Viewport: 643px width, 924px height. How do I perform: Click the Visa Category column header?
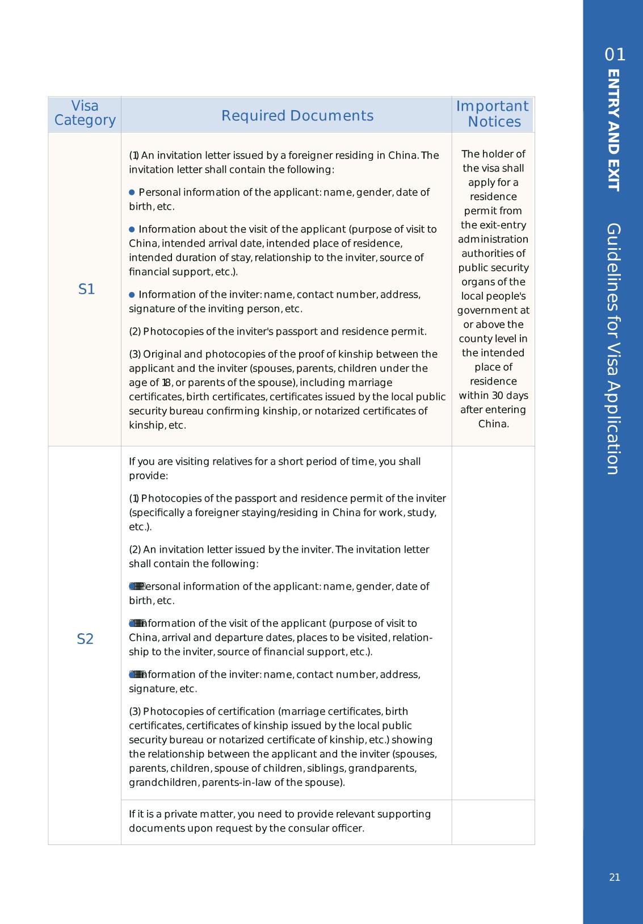coord(85,114)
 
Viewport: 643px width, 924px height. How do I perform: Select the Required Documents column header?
coord(297,116)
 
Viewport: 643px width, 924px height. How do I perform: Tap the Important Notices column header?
coord(493,114)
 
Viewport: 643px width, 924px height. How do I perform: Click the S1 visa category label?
coord(86,290)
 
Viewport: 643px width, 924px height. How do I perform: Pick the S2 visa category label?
coord(85,639)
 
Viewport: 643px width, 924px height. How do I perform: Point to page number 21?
coord(615,877)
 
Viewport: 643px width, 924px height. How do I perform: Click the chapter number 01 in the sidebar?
coord(615,55)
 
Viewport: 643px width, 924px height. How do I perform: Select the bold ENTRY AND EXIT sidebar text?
coord(614,131)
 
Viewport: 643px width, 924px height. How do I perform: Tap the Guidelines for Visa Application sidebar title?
coord(613,349)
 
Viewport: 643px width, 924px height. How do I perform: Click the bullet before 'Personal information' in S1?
coord(132,193)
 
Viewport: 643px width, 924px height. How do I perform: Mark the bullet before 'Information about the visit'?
coord(132,229)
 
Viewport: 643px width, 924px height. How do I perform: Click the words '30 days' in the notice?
coord(510,395)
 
